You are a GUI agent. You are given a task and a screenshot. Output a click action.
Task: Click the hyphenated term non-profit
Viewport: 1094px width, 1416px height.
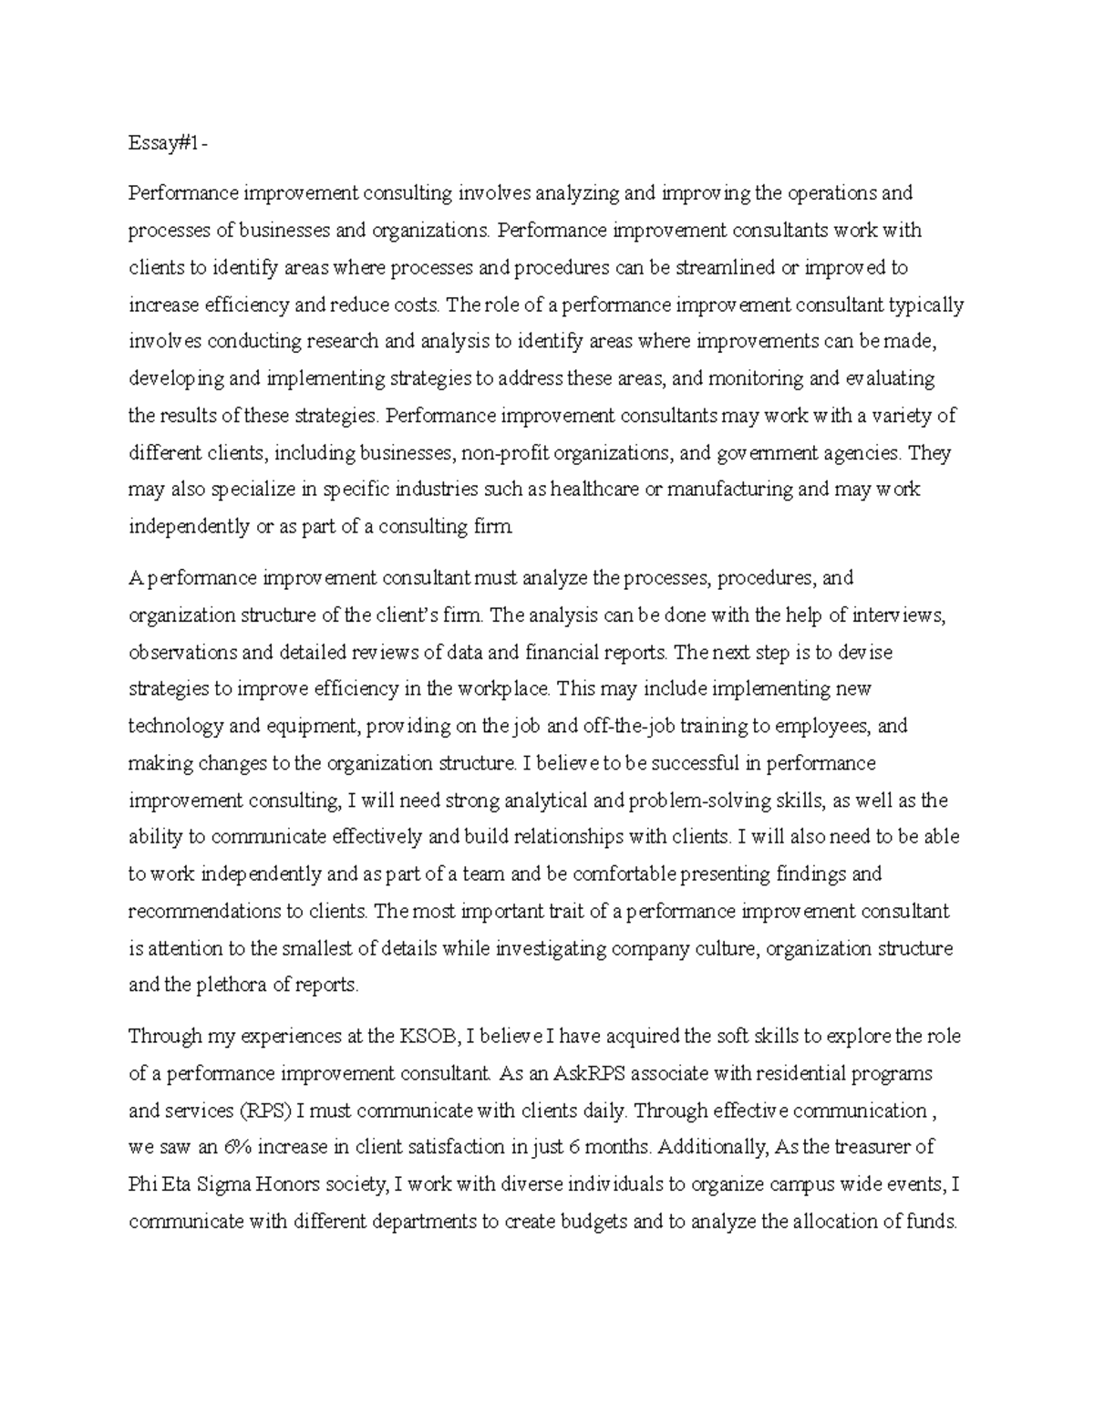click(x=507, y=453)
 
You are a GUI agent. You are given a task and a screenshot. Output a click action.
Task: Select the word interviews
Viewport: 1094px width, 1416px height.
click(x=899, y=615)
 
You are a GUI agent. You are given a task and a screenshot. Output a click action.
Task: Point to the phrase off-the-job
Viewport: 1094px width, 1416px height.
click(x=556, y=727)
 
